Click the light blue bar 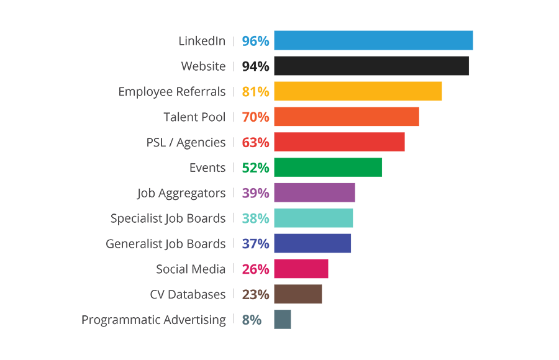tap(354, 42)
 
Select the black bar tap(354, 66)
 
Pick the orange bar tap(329, 117)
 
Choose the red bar tap(323, 142)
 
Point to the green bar tap(311, 167)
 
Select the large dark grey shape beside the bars tap(161, 186)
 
